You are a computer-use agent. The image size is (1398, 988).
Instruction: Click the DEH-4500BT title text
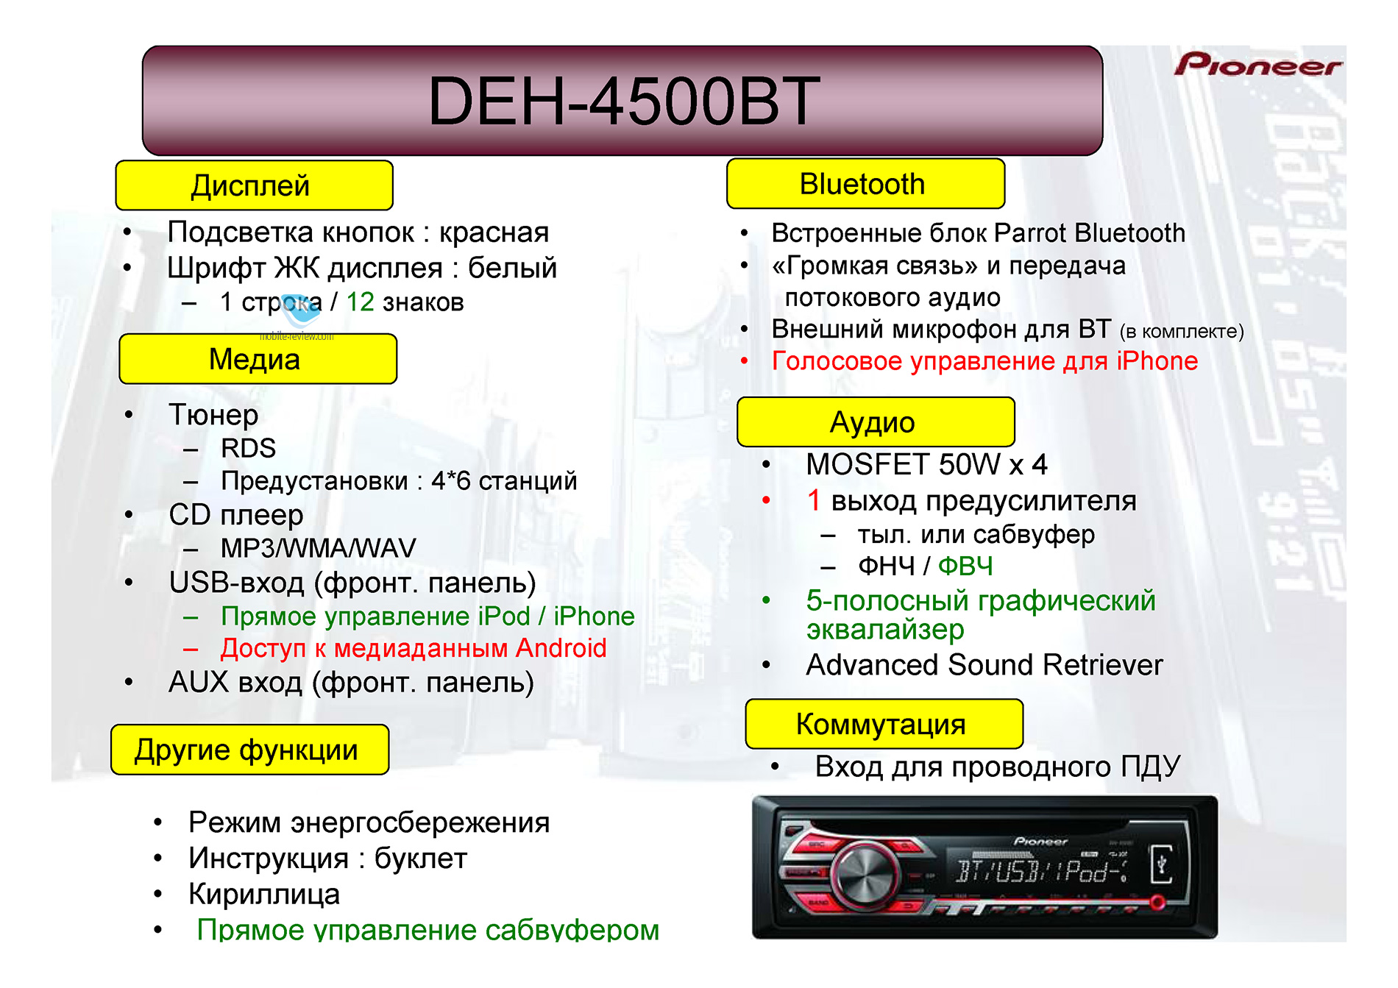pyautogui.click(x=623, y=101)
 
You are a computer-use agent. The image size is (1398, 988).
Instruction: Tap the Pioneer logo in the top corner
pyautogui.click(x=1257, y=65)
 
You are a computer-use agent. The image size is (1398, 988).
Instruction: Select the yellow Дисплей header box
pyautogui.click(x=255, y=185)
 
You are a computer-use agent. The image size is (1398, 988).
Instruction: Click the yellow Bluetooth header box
pyautogui.click(x=865, y=184)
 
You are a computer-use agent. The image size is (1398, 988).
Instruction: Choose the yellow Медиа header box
pyautogui.click(x=258, y=359)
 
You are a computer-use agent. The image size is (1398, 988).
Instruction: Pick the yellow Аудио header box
pyautogui.click(x=876, y=422)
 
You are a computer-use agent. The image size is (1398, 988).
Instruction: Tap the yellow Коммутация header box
pyautogui.click(x=884, y=724)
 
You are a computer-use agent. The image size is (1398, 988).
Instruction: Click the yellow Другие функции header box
pyautogui.click(x=250, y=750)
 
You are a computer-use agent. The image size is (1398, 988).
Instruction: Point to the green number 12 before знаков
pyautogui.click(x=361, y=302)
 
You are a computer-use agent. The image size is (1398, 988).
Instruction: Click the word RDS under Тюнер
pyautogui.click(x=249, y=448)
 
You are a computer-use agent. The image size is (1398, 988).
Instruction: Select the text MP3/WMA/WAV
pyautogui.click(x=319, y=548)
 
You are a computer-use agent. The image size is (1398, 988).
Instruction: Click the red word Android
pyautogui.click(x=561, y=648)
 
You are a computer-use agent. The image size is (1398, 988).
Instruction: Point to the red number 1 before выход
pyautogui.click(x=814, y=500)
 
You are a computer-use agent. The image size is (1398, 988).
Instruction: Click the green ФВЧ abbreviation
pyautogui.click(x=965, y=566)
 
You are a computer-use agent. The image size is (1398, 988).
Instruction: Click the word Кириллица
pyautogui.click(x=264, y=895)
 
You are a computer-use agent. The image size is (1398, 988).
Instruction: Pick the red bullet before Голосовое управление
pyautogui.click(x=745, y=360)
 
